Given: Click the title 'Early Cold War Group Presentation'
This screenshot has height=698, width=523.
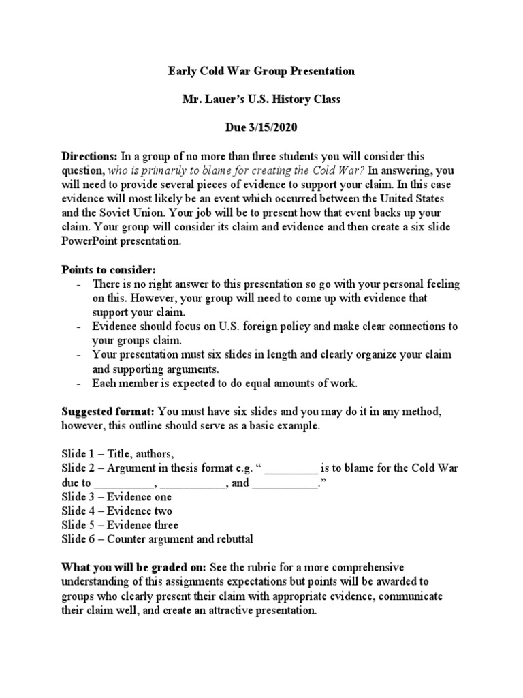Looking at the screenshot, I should [x=261, y=70].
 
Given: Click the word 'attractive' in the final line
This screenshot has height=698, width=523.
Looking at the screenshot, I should [x=225, y=611].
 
